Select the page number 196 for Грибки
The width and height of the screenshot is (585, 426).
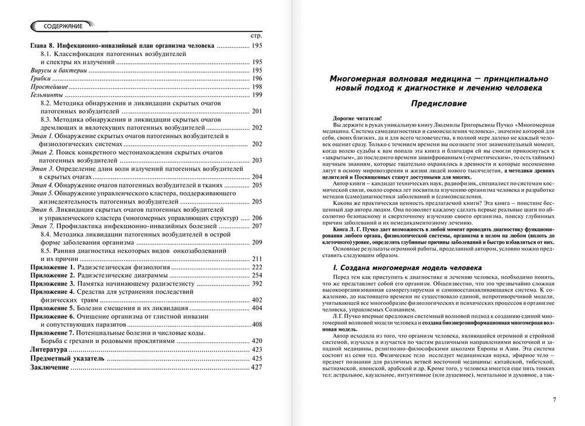pyautogui.click(x=257, y=78)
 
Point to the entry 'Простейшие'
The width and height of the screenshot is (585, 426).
pyautogui.click(x=47, y=86)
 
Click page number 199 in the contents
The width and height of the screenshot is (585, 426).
pyautogui.click(x=257, y=94)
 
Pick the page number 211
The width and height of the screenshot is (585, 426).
pyautogui.click(x=257, y=259)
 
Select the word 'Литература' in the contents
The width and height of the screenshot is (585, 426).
pyautogui.click(x=49, y=349)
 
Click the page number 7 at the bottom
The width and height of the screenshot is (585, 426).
pyautogui.click(x=553, y=400)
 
